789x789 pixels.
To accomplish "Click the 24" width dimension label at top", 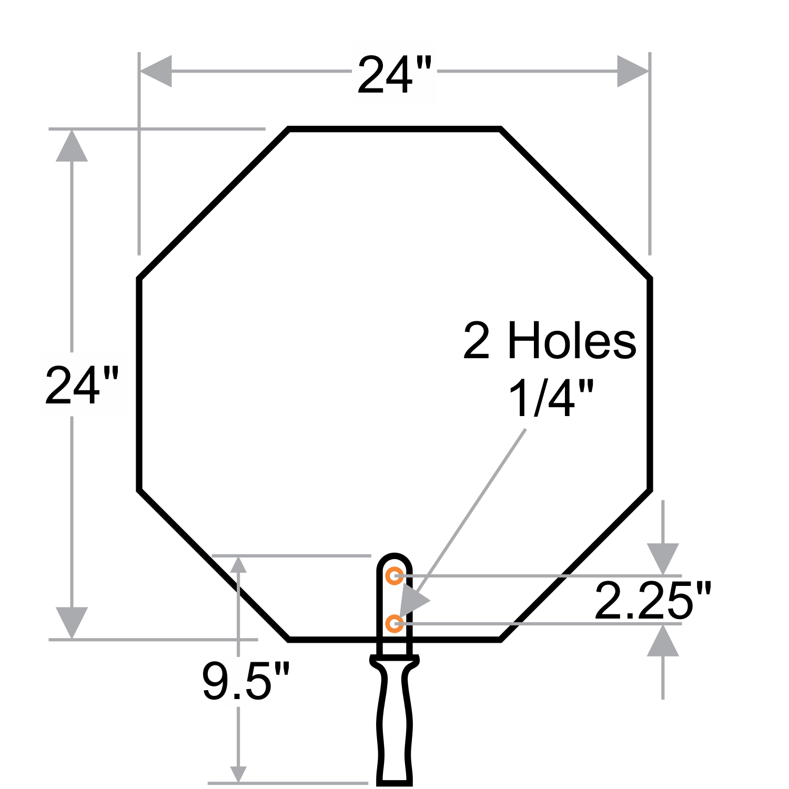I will point(394,74).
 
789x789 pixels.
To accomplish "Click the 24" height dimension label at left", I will point(82,386).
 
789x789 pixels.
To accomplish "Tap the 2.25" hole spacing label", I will point(653,600).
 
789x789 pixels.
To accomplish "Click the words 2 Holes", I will point(550,341).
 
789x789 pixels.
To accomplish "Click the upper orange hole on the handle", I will point(394,576).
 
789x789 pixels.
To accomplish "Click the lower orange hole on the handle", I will point(394,624).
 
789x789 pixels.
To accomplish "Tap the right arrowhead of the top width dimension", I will point(632,71).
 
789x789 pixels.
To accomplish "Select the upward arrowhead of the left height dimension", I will point(72,146).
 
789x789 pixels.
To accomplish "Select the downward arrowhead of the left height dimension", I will point(72,622).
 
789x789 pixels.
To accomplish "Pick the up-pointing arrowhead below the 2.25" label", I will point(663,641).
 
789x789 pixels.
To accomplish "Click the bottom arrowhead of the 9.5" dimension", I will point(239,774).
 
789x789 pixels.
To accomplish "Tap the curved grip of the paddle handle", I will point(394,726).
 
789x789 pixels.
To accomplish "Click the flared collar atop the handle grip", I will point(394,660).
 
